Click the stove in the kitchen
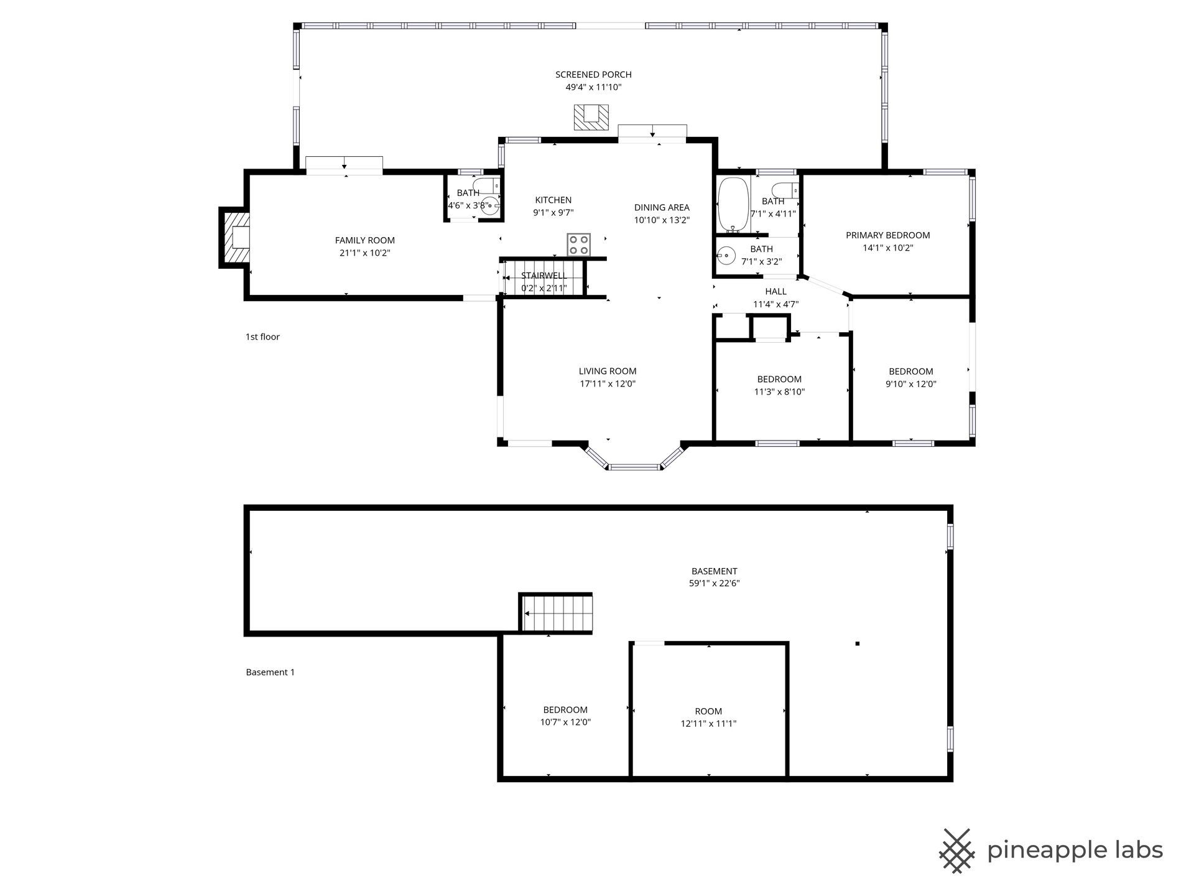579,244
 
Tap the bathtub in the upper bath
734,205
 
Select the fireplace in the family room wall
235,237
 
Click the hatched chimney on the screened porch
591,118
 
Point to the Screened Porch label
593,75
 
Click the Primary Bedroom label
887,235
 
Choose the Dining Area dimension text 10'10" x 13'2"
662,220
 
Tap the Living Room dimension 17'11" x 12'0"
608,384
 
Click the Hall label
775,291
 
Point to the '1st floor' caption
262,337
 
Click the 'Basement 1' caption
270,672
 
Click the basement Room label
708,711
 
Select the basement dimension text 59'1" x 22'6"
714,584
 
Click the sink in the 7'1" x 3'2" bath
726,255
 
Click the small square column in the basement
858,643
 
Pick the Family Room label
364,240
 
